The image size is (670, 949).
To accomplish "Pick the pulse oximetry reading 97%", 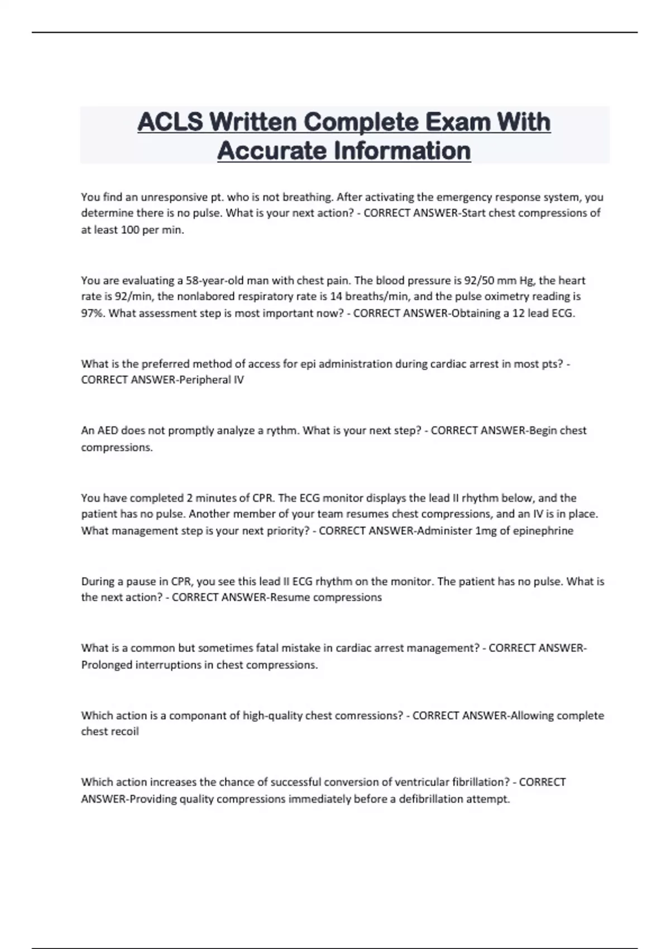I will (92, 313).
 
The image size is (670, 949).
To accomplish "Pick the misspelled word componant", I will (198, 716).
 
